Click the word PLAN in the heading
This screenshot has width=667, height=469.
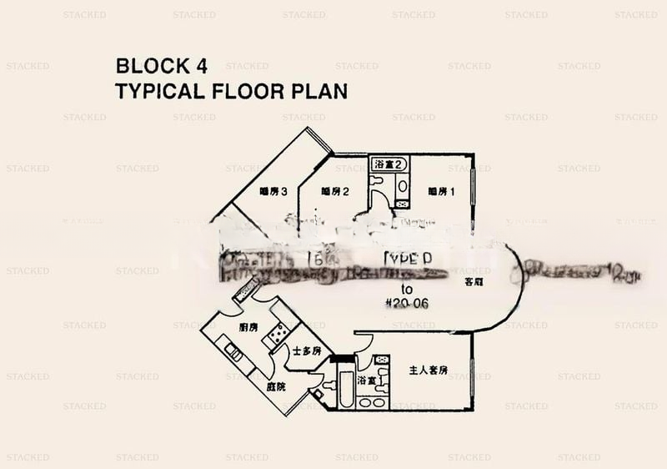pos(320,90)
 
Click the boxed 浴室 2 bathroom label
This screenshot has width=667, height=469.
pos(389,164)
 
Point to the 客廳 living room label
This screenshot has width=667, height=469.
pos(477,282)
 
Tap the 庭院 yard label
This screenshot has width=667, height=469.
pos(276,386)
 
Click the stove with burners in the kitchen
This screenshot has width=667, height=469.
pos(274,335)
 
